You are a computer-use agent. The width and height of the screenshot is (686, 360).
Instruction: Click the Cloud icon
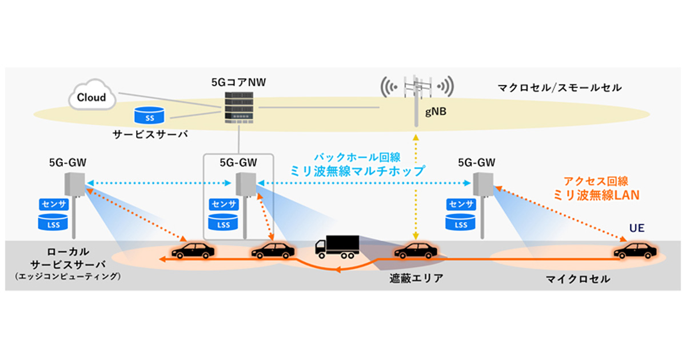click(92, 97)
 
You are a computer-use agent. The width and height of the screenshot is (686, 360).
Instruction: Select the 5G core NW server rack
click(238, 107)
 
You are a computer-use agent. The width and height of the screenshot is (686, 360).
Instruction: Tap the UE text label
click(636, 227)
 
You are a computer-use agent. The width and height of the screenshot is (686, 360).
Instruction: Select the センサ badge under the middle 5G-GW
click(224, 204)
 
